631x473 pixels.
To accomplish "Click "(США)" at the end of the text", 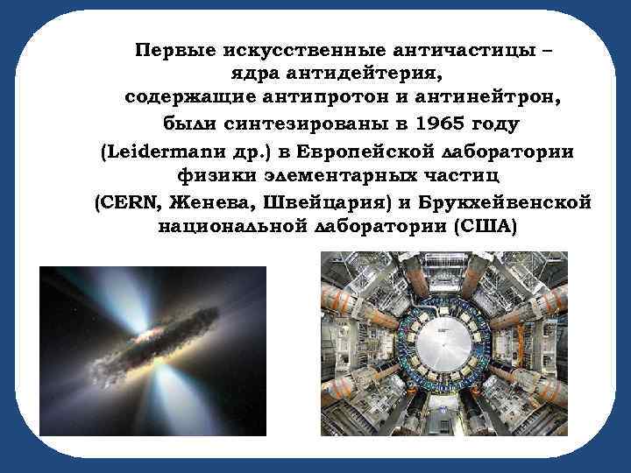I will pos(486,227).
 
